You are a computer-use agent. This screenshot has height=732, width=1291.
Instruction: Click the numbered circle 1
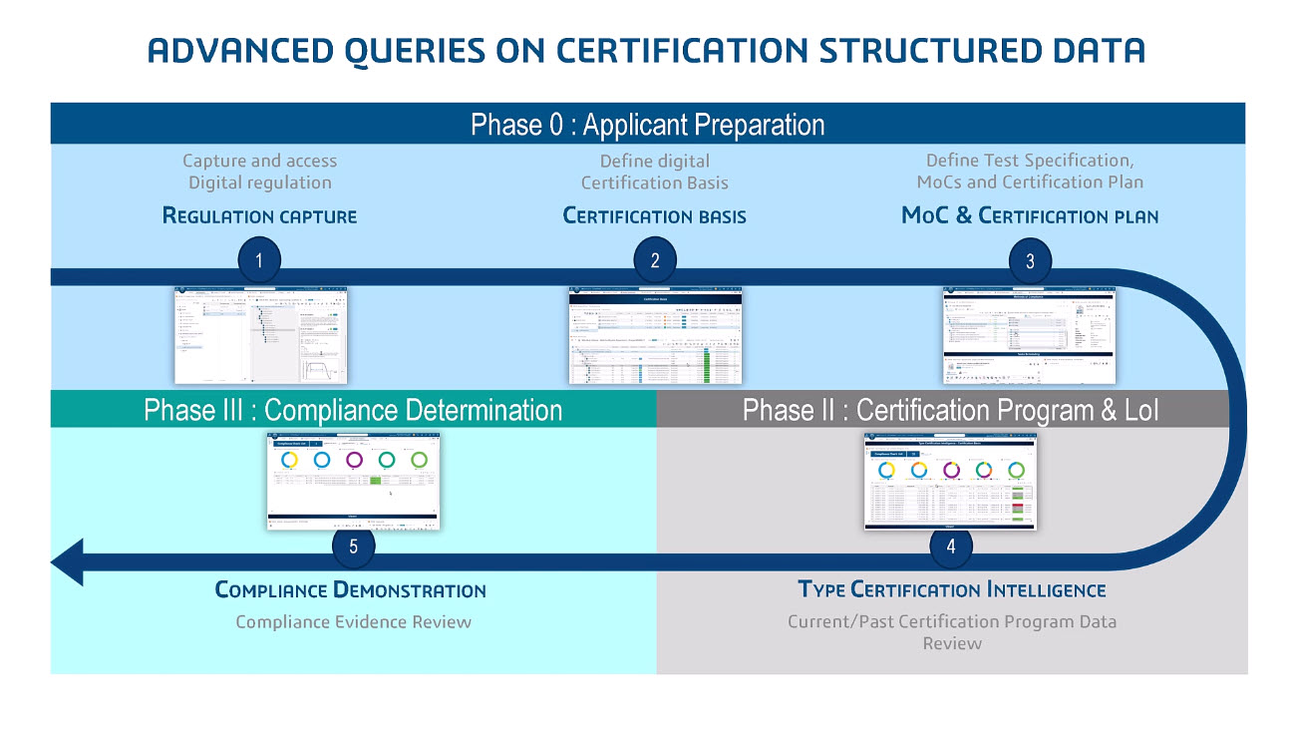click(x=259, y=261)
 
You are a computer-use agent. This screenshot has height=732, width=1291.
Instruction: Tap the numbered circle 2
click(x=655, y=261)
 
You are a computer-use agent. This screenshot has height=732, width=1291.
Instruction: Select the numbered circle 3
click(x=1030, y=261)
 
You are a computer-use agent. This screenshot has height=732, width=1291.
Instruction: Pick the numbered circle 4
click(x=951, y=547)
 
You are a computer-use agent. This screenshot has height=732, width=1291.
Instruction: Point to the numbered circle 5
click(x=354, y=547)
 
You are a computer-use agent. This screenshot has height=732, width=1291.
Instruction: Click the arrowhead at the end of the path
click(x=68, y=562)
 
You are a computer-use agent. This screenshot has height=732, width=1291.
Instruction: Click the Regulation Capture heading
click(x=259, y=215)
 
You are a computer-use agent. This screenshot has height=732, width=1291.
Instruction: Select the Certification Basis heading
click(x=655, y=215)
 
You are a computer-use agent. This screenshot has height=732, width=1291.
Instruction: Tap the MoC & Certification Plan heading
click(x=1030, y=215)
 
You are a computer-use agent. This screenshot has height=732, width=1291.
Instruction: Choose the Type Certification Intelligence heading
click(x=952, y=589)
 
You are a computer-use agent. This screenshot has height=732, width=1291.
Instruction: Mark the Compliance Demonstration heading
click(x=351, y=589)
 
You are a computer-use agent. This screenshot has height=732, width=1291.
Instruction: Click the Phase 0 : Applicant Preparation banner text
click(x=648, y=125)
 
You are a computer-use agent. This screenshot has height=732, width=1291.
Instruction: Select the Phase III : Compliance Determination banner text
click(x=353, y=410)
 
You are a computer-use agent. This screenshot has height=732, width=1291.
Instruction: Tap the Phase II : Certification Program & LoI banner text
click(x=951, y=410)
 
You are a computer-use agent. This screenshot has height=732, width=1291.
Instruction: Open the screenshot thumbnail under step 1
click(x=261, y=335)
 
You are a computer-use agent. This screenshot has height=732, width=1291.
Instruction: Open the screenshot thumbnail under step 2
click(x=655, y=335)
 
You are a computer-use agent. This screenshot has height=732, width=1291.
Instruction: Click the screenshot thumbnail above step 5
click(x=354, y=480)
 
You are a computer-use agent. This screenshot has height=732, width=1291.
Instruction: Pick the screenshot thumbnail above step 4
click(x=950, y=482)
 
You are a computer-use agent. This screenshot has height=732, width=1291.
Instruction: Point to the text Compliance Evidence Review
click(x=353, y=621)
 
